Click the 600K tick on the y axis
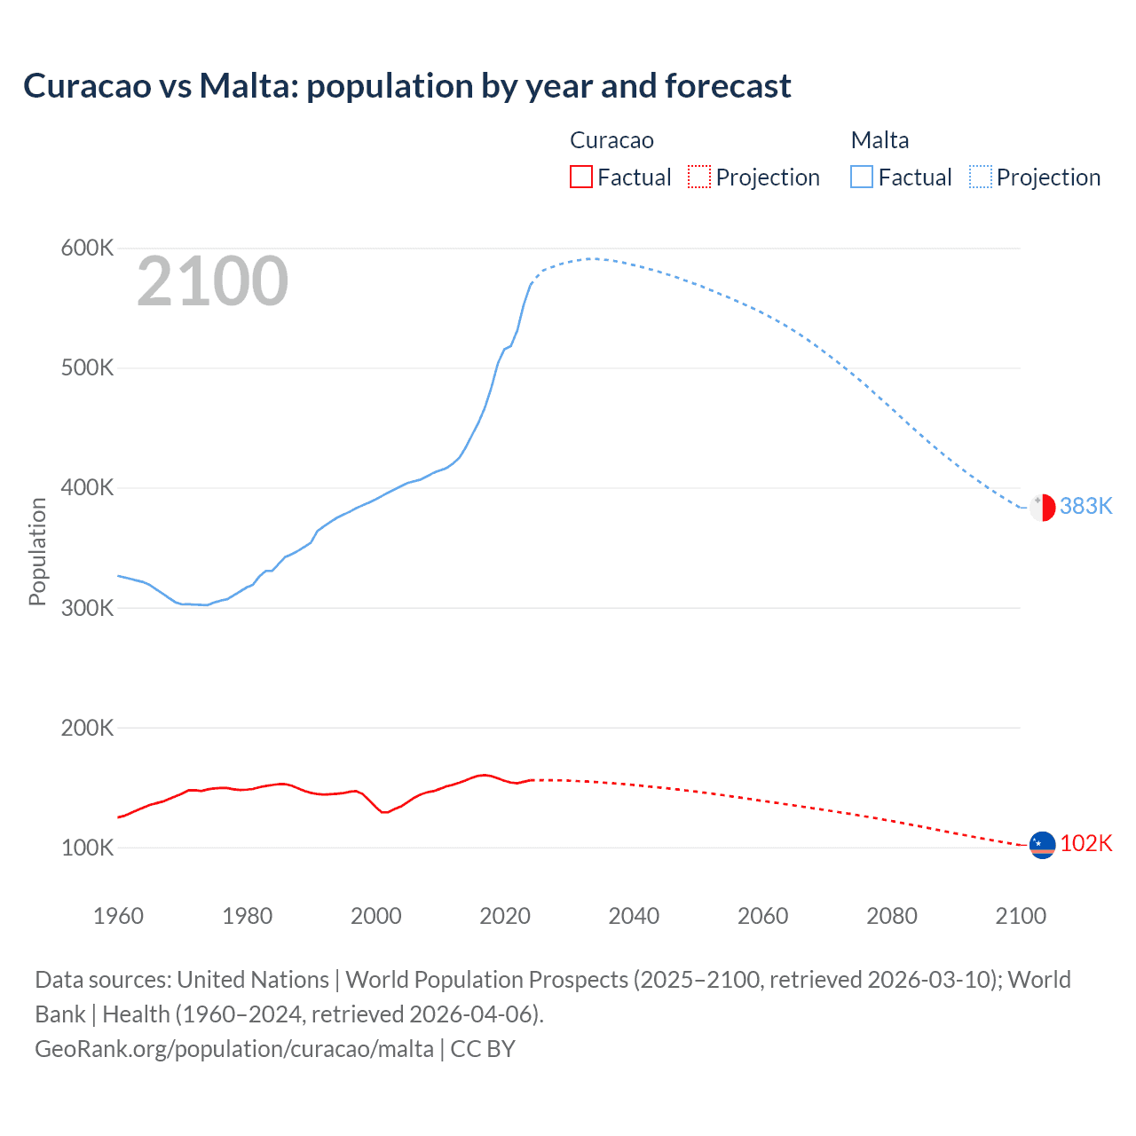(87, 248)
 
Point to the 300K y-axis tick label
(87, 609)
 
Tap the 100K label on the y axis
(87, 848)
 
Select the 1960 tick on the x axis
(118, 916)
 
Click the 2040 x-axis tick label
(634, 916)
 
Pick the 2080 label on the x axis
(892, 916)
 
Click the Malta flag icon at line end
(1042, 508)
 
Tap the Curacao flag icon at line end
(1042, 845)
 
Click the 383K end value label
(1085, 506)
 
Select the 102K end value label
(1085, 843)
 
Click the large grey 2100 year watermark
(212, 282)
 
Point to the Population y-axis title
(37, 551)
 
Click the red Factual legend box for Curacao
(580, 177)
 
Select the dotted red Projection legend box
(699, 177)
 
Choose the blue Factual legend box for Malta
(862, 177)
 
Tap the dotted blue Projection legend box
(981, 177)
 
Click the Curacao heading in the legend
(611, 140)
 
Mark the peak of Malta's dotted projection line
(593, 258)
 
